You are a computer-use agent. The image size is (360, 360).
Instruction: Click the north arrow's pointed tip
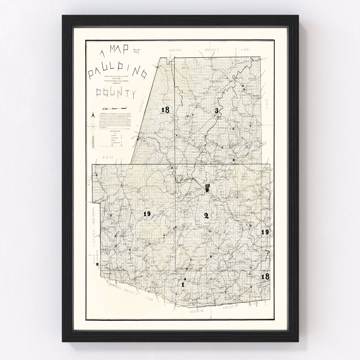click(x=94, y=114)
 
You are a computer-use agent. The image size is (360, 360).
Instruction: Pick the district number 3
click(x=217, y=111)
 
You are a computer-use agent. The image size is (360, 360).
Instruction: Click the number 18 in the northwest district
click(x=165, y=110)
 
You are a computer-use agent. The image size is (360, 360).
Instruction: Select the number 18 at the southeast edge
click(x=265, y=276)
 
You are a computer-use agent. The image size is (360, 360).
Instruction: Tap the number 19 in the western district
click(x=147, y=214)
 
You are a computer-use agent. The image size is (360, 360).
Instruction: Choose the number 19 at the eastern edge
click(x=265, y=232)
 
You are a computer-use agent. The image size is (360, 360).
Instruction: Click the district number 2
click(x=206, y=216)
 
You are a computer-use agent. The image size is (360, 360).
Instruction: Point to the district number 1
click(x=183, y=285)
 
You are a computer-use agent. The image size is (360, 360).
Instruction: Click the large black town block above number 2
click(x=208, y=189)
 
